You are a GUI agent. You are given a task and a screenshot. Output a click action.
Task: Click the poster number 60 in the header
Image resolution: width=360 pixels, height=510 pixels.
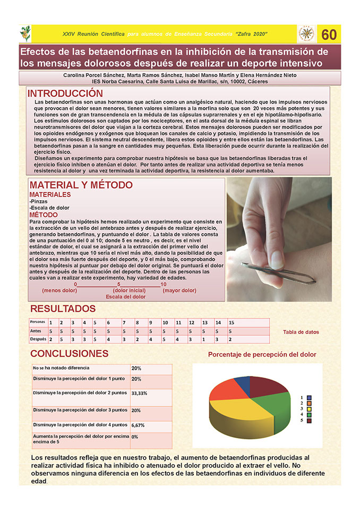point(329,35)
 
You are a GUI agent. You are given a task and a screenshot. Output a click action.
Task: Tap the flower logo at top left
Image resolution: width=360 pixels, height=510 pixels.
point(25,33)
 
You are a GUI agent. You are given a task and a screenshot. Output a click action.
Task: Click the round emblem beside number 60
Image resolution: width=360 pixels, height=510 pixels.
point(306,33)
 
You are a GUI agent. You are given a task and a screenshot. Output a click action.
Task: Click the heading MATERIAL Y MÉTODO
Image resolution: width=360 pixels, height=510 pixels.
point(81,185)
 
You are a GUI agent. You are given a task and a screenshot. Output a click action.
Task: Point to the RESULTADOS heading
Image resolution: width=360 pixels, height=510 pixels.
point(63,309)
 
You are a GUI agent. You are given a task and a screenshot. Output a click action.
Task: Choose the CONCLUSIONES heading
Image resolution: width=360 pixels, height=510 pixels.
point(70,354)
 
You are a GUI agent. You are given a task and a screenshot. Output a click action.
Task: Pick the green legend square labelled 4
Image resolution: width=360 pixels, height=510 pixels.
point(309,414)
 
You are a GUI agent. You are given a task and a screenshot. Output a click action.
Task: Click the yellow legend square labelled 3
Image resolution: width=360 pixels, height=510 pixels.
point(309,409)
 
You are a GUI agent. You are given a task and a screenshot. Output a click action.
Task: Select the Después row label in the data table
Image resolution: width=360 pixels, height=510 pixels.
point(38,338)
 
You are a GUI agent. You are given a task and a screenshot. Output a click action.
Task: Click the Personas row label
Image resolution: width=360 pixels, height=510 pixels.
point(38,322)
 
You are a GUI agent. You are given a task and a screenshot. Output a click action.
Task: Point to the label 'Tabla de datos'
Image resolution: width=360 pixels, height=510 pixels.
point(301,332)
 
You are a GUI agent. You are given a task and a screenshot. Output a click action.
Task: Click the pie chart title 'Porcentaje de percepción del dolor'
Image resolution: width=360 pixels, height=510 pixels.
point(262,354)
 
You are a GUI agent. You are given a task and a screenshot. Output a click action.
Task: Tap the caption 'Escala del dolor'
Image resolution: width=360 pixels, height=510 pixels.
point(125,297)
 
